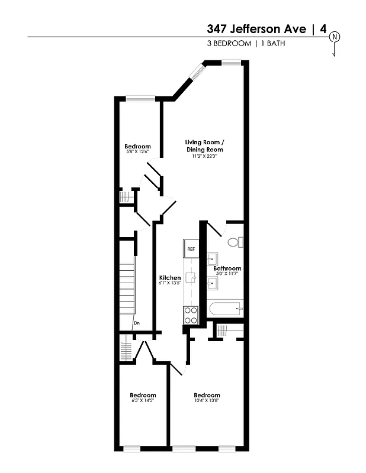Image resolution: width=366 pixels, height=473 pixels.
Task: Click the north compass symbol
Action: [335, 37]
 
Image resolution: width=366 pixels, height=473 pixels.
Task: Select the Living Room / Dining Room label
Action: [204, 146]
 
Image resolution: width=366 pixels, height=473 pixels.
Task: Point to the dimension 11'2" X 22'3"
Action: [204, 157]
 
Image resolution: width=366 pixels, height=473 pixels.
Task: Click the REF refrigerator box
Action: [191, 248]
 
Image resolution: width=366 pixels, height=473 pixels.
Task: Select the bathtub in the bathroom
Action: [226, 309]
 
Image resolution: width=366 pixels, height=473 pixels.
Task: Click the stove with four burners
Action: [191, 315]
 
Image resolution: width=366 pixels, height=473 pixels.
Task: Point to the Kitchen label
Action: [170, 277]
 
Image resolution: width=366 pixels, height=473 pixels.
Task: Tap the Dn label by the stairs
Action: [136, 323]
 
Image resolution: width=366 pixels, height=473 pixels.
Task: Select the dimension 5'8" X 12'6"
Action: [137, 152]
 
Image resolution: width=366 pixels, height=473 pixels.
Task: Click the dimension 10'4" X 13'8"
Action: [207, 401]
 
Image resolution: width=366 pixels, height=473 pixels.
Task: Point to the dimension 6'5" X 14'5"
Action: [143, 401]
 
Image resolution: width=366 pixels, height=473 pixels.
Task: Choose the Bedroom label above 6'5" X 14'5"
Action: [143, 395]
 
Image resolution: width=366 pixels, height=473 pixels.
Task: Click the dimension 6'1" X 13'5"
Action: [170, 283]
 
